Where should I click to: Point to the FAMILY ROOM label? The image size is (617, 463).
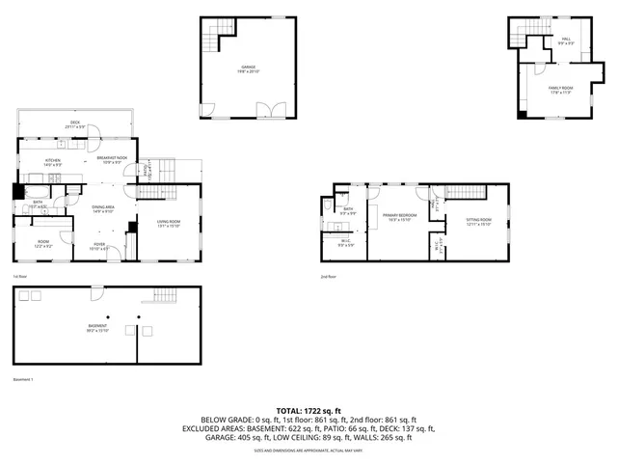561,90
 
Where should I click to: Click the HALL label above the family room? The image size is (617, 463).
565,41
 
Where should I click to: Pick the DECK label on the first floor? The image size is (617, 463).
74,123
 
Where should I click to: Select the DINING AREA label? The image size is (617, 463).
103,209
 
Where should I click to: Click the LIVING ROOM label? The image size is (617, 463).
169,224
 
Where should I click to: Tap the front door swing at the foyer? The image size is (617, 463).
116,255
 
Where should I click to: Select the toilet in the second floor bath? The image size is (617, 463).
329,207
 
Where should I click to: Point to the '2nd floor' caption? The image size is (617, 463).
329,277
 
